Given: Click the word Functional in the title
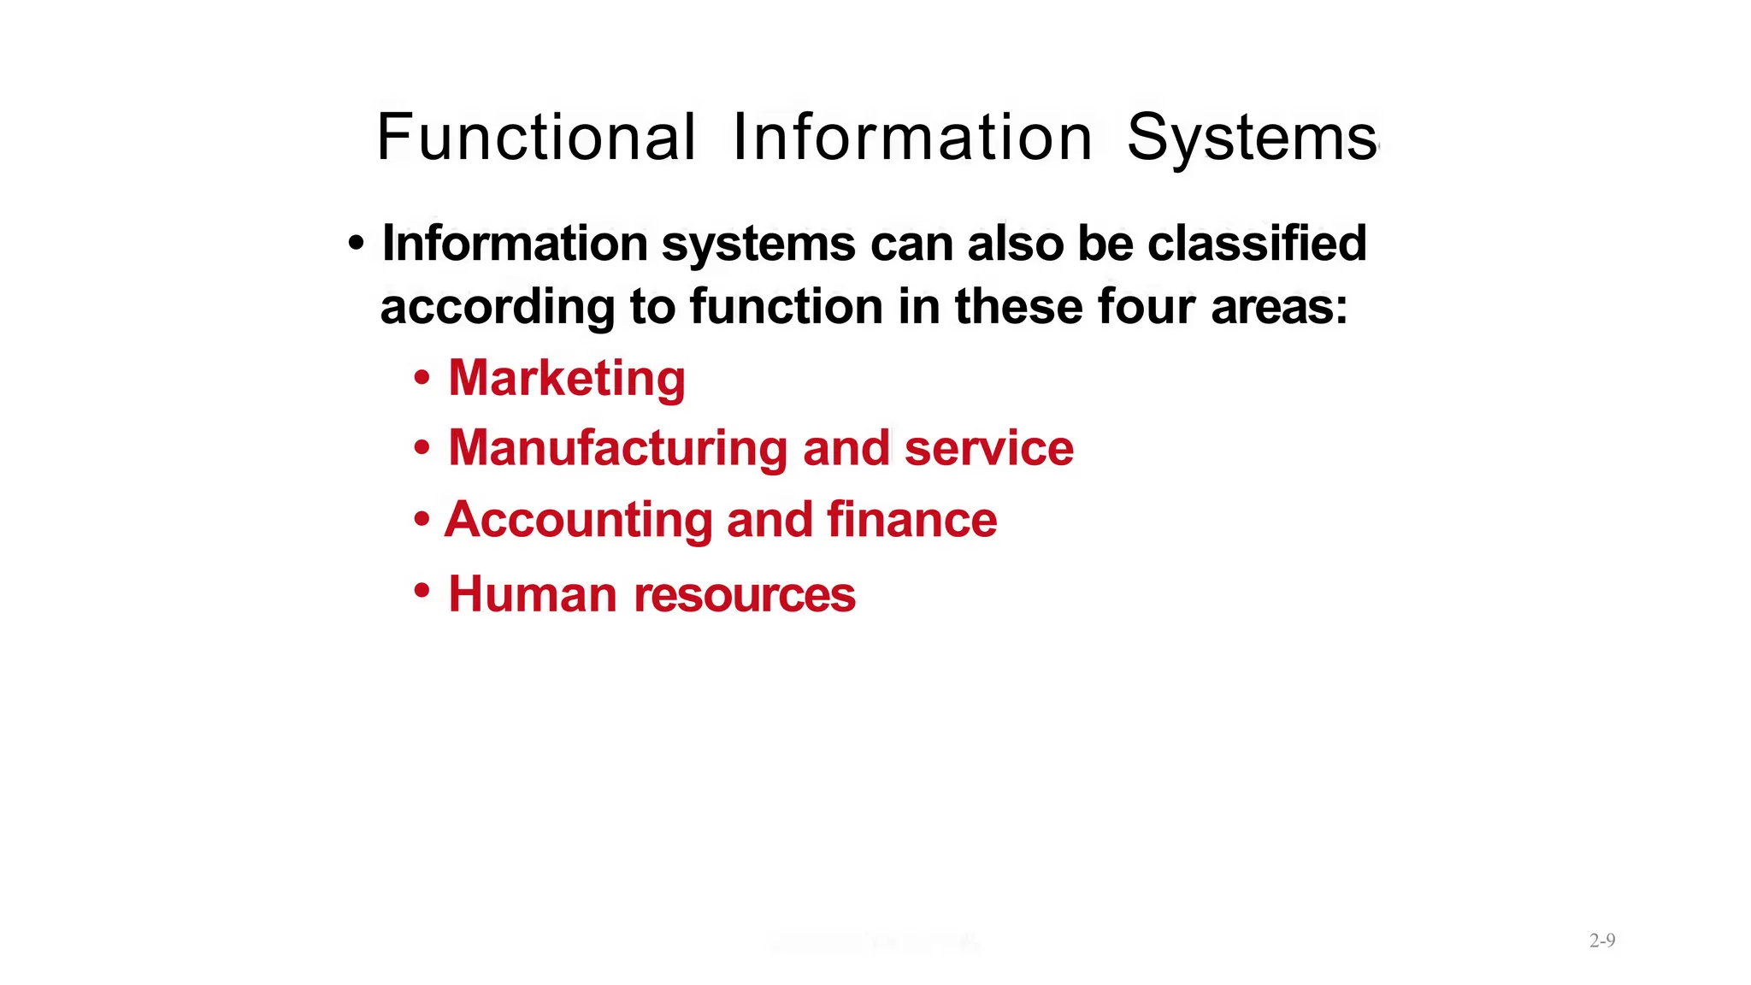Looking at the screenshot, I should (536, 138).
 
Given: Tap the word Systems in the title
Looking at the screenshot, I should (1252, 138).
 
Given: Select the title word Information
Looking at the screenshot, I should (912, 138).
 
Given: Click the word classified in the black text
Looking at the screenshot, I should (1257, 244).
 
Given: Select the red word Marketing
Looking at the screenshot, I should (567, 378).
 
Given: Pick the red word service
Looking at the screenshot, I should (988, 449).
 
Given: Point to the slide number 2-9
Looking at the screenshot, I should (1602, 941).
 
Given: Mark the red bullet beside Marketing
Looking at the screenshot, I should (422, 378).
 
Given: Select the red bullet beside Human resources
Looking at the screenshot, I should (422, 590).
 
